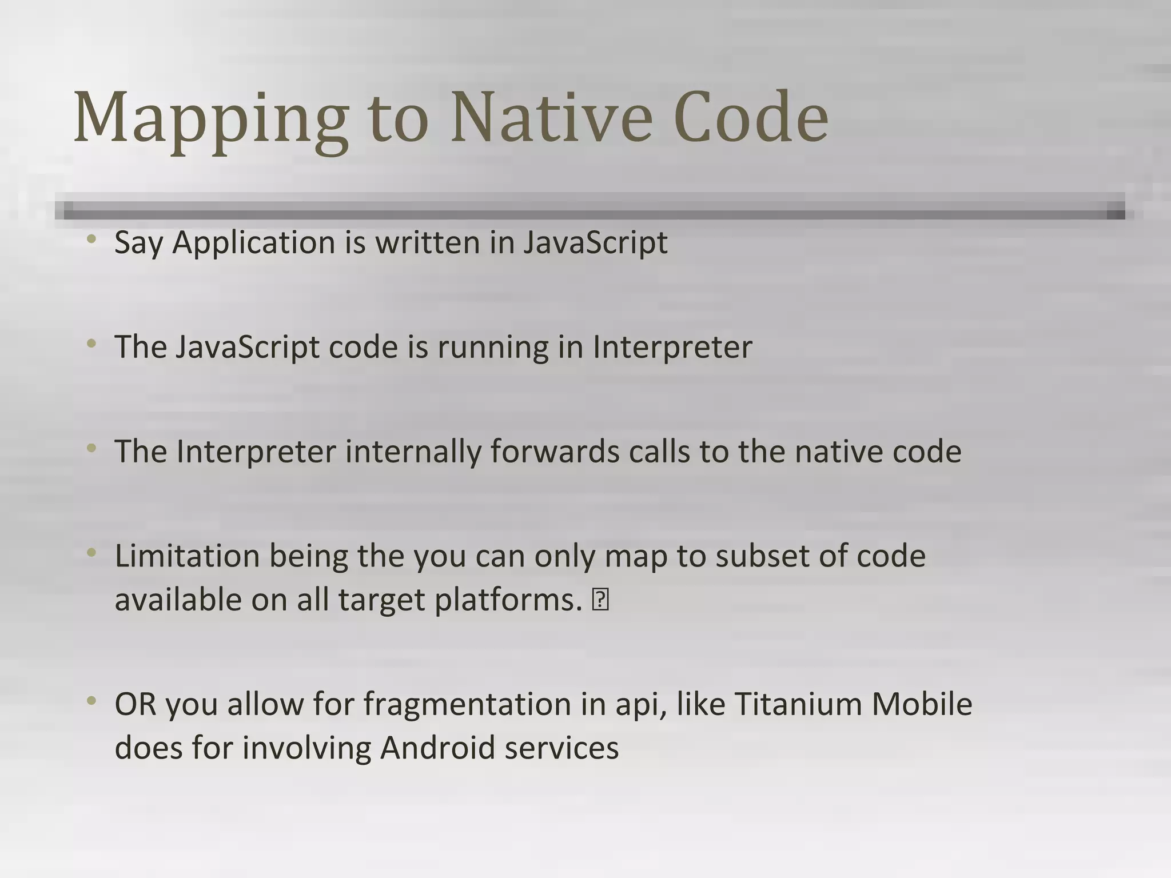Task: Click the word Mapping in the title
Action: click(x=210, y=119)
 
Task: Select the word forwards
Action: click(x=555, y=452)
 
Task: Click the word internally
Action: click(x=413, y=453)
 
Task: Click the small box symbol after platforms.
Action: click(x=601, y=601)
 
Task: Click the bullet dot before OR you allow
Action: click(x=91, y=701)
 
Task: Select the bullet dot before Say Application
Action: click(x=91, y=239)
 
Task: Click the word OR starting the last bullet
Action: click(x=135, y=704)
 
